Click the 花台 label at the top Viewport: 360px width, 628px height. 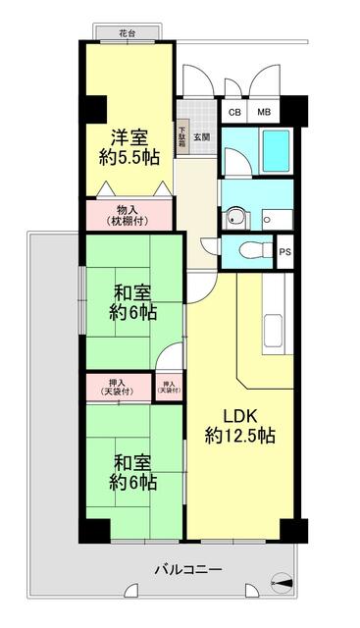tap(127, 33)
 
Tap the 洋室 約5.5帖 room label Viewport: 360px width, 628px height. tap(129, 147)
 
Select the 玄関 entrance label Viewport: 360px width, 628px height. tap(202, 136)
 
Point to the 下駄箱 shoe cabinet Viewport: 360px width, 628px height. tap(183, 138)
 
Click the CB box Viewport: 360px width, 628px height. tap(234, 112)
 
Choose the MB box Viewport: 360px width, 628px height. tap(264, 112)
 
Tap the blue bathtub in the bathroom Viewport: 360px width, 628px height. tap(276, 150)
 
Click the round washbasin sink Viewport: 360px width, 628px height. tap(235, 217)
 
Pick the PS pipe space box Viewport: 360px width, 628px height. tap(285, 252)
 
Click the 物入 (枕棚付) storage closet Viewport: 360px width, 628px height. tap(129, 215)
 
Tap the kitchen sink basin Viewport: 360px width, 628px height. tap(273, 331)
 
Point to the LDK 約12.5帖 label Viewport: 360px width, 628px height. tap(240, 426)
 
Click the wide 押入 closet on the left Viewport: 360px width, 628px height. tap(119, 387)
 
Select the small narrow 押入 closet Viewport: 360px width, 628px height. tap(169, 387)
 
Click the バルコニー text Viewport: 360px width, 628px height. tap(188, 569)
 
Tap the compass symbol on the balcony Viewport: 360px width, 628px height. tap(282, 582)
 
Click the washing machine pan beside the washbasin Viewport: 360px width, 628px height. tap(278, 220)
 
